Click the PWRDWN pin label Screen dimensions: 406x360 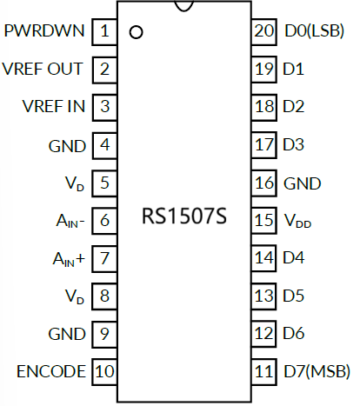coord(44,32)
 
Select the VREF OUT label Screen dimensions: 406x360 coord(43,70)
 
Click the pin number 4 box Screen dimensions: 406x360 coord(105,144)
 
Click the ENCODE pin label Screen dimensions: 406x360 coord(51,371)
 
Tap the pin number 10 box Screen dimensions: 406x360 coord(105,371)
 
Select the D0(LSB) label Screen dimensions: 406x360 coord(314,32)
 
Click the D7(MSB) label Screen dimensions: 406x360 coord(316,371)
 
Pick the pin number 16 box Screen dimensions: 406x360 coord(263,183)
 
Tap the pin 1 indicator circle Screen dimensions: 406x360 coord(135,34)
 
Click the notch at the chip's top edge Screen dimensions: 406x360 coord(184,7)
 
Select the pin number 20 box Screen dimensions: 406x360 coord(263,32)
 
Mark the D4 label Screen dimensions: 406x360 coord(293,258)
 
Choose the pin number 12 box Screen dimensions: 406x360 coord(263,334)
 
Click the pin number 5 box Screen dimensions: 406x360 coord(105,183)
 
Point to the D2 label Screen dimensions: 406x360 coord(293,107)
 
